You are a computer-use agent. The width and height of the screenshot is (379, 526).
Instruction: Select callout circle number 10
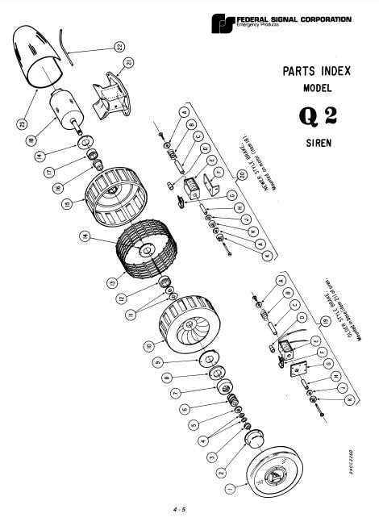pyautogui.click(x=148, y=347)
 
